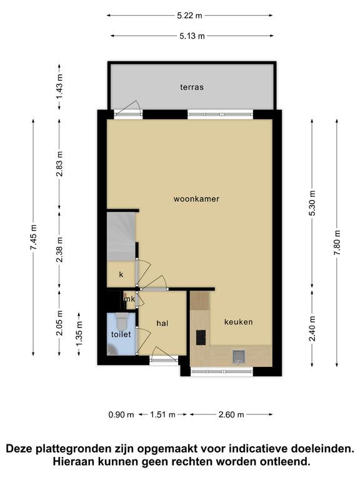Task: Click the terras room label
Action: (x=192, y=87)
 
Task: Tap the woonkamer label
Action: (x=196, y=199)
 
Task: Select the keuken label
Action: (x=239, y=322)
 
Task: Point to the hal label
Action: (x=162, y=323)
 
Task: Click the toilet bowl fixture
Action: (x=122, y=321)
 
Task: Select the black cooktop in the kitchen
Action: (x=201, y=337)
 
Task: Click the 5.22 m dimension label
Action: (x=190, y=15)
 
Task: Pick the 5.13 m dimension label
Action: (x=192, y=36)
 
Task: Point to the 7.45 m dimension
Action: (x=33, y=237)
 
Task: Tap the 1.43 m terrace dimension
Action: (x=59, y=87)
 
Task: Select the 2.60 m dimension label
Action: (x=231, y=414)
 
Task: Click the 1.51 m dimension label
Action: (x=162, y=414)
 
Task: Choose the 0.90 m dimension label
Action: (x=121, y=414)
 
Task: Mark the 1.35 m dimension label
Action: (x=79, y=334)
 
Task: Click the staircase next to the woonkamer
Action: (x=121, y=236)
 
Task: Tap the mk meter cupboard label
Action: (x=129, y=299)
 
